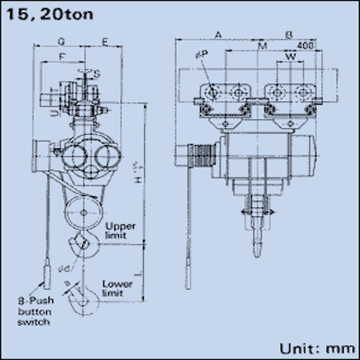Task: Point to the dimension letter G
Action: [62, 44]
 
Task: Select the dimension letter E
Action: [104, 44]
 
